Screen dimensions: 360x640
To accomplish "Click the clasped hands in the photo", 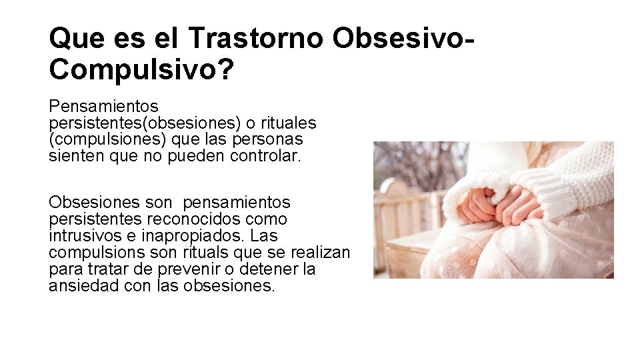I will tap(496, 205).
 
